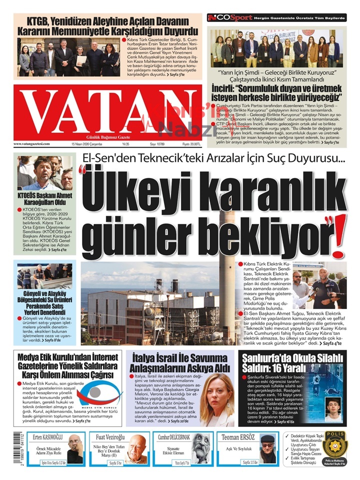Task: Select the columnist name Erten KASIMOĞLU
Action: (46, 435)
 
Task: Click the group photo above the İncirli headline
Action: (277, 47)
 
